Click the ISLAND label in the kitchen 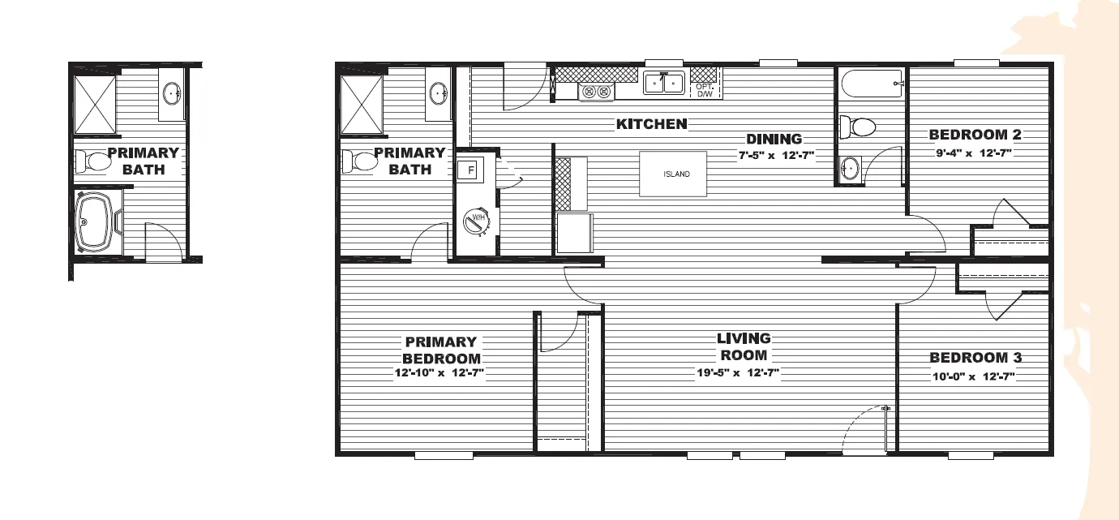pyautogui.click(x=677, y=174)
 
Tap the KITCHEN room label pyautogui.click(x=652, y=124)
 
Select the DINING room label pyautogui.click(x=774, y=140)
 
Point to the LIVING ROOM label pyautogui.click(x=744, y=346)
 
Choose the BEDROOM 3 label pyautogui.click(x=975, y=358)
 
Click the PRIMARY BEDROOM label pyautogui.click(x=441, y=350)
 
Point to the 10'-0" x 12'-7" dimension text pyautogui.click(x=973, y=376)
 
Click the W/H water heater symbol pyautogui.click(x=476, y=220)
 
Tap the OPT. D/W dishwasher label pyautogui.click(x=704, y=90)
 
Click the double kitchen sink pyautogui.click(x=664, y=82)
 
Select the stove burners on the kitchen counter pyautogui.click(x=597, y=92)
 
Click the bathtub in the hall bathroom pyautogui.click(x=872, y=84)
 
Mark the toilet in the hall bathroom pyautogui.click(x=857, y=127)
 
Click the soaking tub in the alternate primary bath pyautogui.click(x=97, y=221)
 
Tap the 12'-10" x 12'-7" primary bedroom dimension pyautogui.click(x=439, y=373)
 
